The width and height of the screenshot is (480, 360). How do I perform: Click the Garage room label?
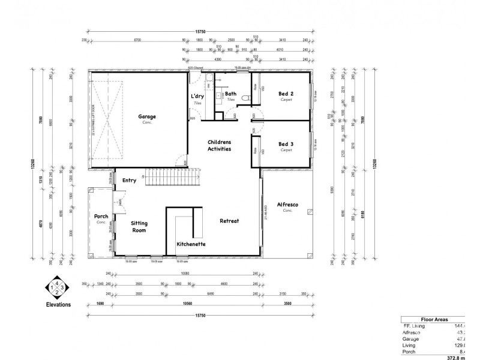pyautogui.click(x=147, y=117)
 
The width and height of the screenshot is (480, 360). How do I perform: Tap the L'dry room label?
pyautogui.click(x=197, y=97)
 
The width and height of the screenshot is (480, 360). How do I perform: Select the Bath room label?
pyautogui.click(x=231, y=94)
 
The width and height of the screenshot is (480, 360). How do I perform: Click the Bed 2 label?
pyautogui.click(x=286, y=94)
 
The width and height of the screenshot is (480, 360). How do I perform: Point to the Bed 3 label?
pyautogui.click(x=286, y=144)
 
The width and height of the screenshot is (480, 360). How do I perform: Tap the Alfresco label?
pyautogui.click(x=287, y=205)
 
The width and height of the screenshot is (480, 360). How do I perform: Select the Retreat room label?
pyautogui.click(x=229, y=221)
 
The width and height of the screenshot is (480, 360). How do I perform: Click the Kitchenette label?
pyautogui.click(x=191, y=245)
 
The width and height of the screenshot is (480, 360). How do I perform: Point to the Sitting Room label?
pyautogui.click(x=139, y=226)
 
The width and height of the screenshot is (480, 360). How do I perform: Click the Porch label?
pyautogui.click(x=101, y=217)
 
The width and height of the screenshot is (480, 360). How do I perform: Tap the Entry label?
pyautogui.click(x=129, y=180)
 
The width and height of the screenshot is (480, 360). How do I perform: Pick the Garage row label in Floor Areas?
pyautogui.click(x=412, y=338)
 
